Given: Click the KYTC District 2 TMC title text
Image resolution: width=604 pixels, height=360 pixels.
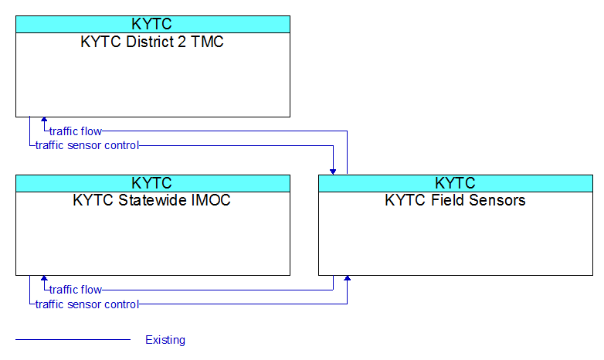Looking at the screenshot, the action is point(152,42).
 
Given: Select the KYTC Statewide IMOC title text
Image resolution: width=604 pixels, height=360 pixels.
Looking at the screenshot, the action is point(151,200).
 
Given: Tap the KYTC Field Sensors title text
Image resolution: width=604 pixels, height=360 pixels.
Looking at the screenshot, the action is point(455,200).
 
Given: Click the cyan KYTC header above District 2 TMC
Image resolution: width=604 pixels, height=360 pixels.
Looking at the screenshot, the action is point(153,24).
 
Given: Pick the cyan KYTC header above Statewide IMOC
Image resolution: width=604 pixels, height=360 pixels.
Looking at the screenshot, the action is point(153,183).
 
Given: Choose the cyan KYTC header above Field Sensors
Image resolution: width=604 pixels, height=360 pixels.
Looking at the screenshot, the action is point(456,183).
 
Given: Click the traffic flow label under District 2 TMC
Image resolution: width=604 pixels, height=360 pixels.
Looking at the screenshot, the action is point(76,131).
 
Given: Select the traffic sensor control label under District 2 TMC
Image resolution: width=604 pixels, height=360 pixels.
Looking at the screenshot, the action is point(87,145).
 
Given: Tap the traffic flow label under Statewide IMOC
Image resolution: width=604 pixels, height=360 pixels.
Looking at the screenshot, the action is point(76,290).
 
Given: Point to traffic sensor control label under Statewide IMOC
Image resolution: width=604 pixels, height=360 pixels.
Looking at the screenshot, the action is point(87,304).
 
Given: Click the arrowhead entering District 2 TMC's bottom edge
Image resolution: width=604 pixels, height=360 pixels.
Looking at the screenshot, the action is point(44,120).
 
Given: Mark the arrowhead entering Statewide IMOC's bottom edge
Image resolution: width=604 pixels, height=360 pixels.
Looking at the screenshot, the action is point(44,278).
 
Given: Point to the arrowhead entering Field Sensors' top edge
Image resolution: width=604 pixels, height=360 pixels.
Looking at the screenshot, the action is point(333,172).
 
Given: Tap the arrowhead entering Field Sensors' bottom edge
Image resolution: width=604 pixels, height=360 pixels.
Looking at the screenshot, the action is point(347,278).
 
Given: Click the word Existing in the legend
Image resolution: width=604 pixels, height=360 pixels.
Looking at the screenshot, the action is point(165,340).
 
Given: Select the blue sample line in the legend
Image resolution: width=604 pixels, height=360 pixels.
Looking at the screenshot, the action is point(73,340).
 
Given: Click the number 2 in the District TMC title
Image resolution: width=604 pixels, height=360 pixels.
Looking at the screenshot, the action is point(182,42).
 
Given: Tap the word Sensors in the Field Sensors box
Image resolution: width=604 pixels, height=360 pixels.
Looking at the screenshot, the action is point(497,200).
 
